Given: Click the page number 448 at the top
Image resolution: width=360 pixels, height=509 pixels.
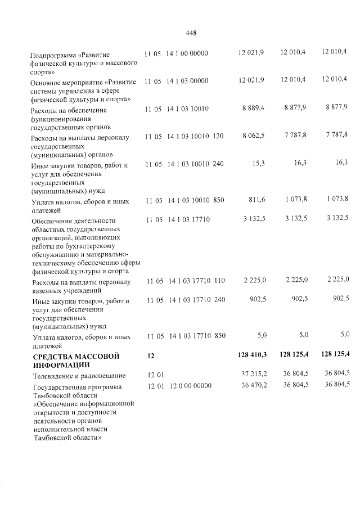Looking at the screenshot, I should pyautogui.click(x=190, y=33).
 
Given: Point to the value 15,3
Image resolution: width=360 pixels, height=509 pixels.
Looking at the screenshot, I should pyautogui.click(x=259, y=163).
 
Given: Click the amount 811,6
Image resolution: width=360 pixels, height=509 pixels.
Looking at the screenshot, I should pyautogui.click(x=256, y=199).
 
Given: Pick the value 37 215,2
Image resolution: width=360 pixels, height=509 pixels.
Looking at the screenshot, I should pyautogui.click(x=253, y=375).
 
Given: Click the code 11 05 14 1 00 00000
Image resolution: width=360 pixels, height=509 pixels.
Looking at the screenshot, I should pyautogui.click(x=176, y=53).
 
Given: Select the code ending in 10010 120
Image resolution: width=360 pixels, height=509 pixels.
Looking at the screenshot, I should pyautogui.click(x=184, y=136).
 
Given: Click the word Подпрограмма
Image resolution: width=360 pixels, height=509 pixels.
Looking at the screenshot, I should pyautogui.click(x=53, y=55).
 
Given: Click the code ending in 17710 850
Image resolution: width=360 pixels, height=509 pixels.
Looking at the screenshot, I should pyautogui.click(x=186, y=336).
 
